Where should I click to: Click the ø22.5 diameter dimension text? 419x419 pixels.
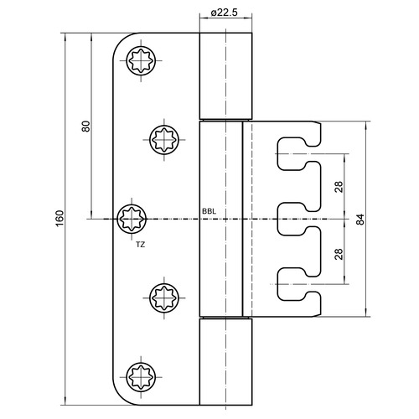click(x=224, y=13)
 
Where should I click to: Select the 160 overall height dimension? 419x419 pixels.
click(x=59, y=219)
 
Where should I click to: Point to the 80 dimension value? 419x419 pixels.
click(x=86, y=127)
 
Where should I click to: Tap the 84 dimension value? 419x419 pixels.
click(x=360, y=220)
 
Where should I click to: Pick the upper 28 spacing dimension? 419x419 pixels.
click(x=339, y=187)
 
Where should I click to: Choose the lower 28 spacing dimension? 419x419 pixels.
click(x=339, y=254)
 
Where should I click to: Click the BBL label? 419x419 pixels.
click(x=209, y=211)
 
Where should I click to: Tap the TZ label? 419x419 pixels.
click(x=141, y=245)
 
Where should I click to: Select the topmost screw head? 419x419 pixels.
click(x=141, y=60)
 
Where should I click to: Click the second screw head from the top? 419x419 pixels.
click(x=164, y=140)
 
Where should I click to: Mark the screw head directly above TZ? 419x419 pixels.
click(x=132, y=219)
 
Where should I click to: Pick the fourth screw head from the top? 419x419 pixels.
click(x=164, y=297)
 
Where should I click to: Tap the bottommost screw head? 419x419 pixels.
click(x=141, y=377)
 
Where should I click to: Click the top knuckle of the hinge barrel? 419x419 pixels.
click(x=225, y=76)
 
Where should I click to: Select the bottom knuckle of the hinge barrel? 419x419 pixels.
click(x=225, y=362)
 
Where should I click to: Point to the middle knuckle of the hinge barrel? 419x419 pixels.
click(x=221, y=219)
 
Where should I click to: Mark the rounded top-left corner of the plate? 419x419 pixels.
click(x=121, y=41)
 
